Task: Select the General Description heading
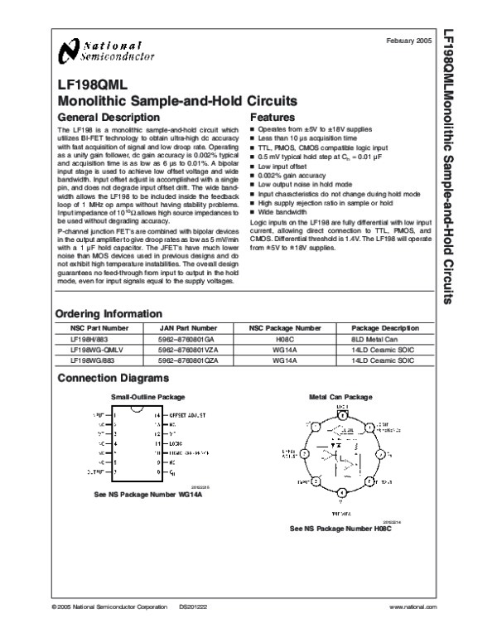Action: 104,118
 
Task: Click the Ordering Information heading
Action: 109,314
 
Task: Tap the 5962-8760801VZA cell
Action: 192,351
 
